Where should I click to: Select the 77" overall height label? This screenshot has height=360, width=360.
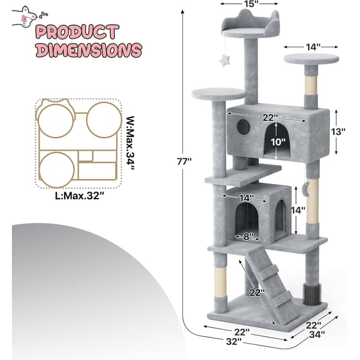point(183,161)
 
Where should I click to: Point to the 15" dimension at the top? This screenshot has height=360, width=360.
point(234,4)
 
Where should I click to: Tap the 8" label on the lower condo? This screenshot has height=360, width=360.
point(249,237)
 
